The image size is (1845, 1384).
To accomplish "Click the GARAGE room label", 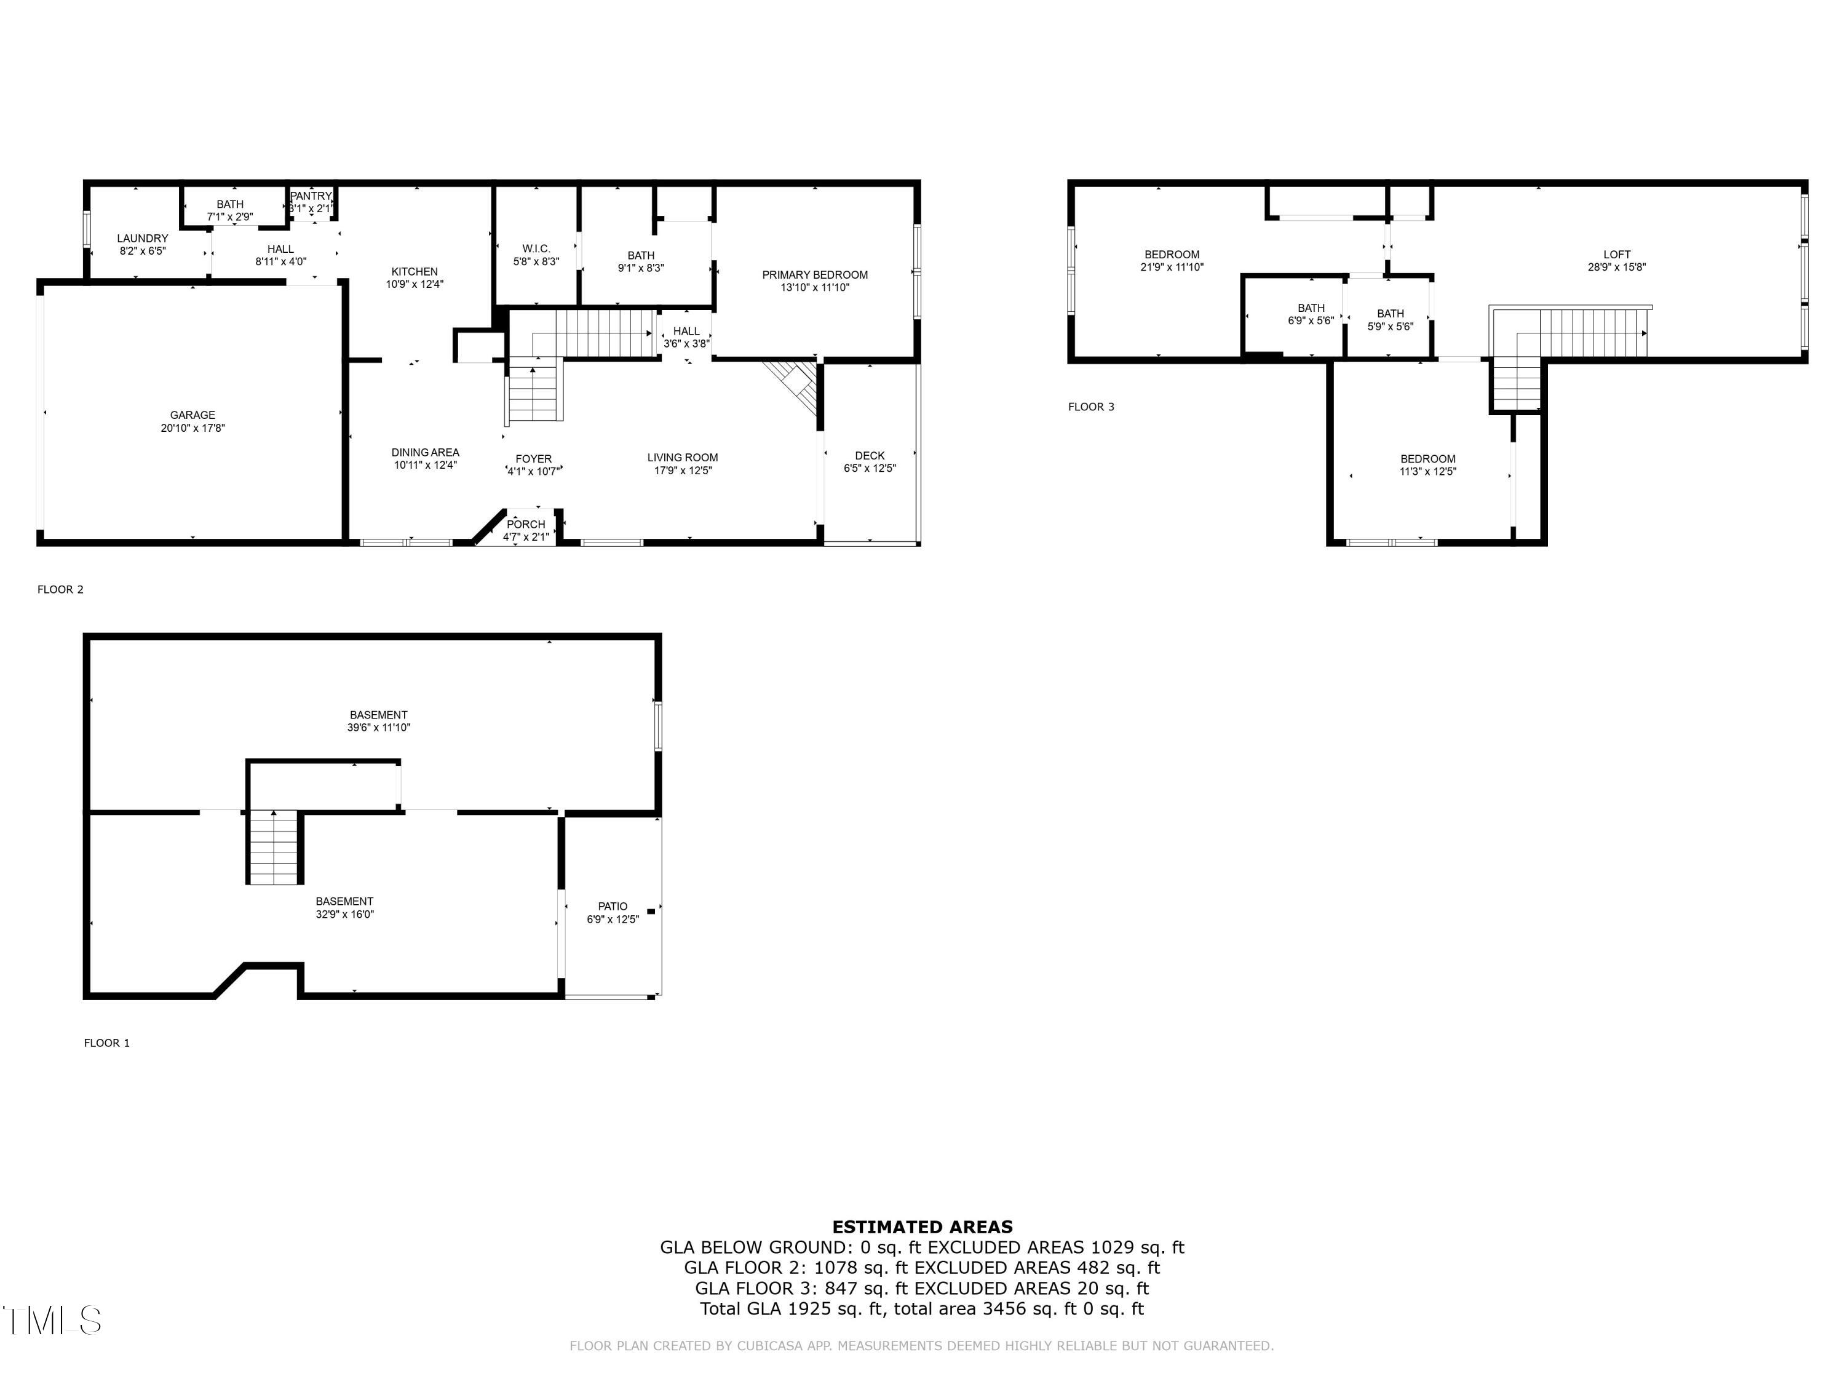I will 192,415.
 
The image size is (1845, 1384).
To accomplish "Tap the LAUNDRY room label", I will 143,239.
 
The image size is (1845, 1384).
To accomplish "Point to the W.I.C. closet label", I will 536,249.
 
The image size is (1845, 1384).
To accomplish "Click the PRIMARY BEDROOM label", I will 815,274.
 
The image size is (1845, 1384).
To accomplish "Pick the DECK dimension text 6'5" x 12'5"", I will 870,469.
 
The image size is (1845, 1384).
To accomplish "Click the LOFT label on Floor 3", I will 1616,255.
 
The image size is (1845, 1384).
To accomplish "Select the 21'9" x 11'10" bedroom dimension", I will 1172,268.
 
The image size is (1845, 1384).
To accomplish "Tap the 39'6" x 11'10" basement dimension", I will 379,728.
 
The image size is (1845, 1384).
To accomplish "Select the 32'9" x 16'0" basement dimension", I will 344,914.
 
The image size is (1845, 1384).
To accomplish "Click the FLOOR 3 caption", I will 1091,407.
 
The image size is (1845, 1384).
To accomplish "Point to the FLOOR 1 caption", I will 107,1043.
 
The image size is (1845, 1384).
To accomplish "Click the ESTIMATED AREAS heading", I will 922,1227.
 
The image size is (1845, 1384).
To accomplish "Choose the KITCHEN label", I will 415,271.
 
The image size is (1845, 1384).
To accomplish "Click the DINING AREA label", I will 426,452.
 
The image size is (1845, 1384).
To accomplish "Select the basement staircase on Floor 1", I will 274,847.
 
